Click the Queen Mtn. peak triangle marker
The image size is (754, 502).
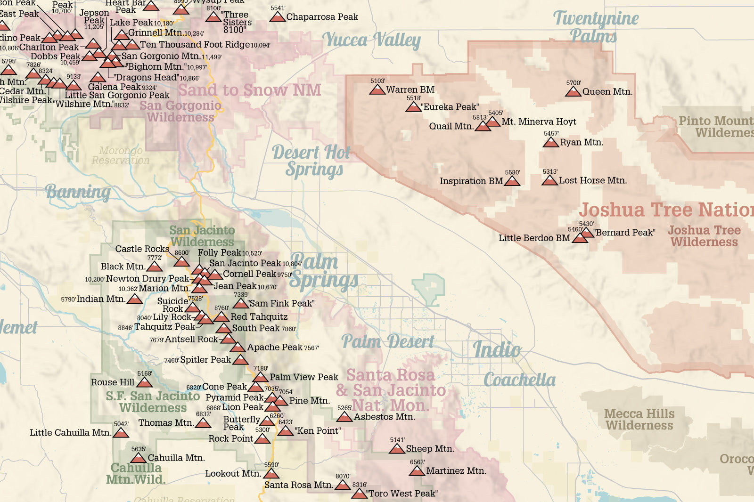573,92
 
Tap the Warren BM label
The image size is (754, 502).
410,89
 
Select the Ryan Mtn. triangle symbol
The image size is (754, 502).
550,142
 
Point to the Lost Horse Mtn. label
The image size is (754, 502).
593,180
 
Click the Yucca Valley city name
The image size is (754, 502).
371,40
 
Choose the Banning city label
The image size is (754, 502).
78,192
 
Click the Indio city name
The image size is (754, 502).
497,350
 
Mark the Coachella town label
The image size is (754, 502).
519,380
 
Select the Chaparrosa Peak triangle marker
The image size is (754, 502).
278,17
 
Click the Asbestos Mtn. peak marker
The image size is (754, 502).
344,417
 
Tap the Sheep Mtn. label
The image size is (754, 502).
430,449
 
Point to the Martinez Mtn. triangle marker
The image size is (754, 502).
417,471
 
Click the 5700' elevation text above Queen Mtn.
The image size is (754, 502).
574,83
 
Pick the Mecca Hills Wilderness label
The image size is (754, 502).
639,420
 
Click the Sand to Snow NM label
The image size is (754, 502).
249,90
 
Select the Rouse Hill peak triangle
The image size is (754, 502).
144,383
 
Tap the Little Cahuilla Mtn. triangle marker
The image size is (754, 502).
121,433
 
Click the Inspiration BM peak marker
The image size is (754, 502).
512,181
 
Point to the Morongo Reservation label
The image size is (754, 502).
121,155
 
